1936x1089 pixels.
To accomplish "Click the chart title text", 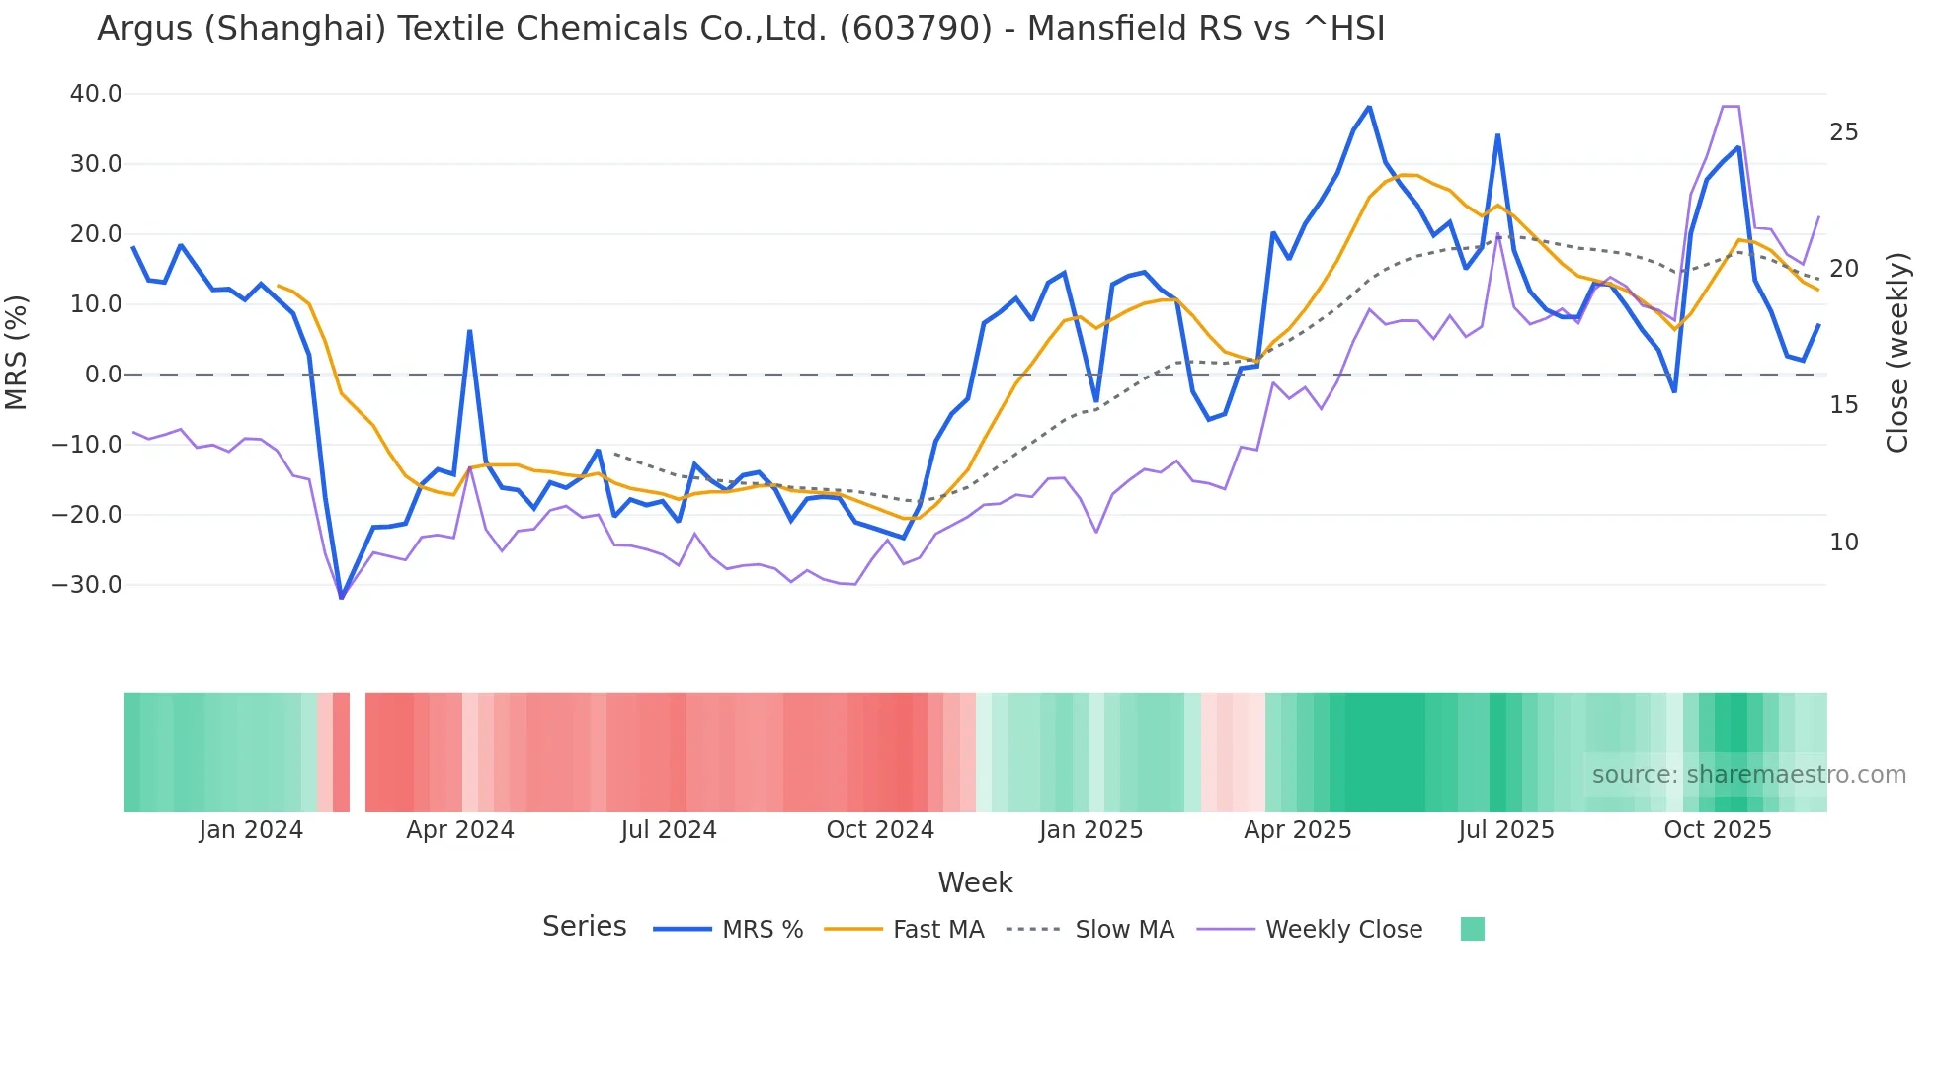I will pyautogui.click(x=741, y=29).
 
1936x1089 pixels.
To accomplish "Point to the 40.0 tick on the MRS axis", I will pyautogui.click(x=96, y=94).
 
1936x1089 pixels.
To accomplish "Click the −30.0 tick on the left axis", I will pyautogui.click(x=87, y=584).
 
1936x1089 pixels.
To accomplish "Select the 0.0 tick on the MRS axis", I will pyautogui.click(x=103, y=375).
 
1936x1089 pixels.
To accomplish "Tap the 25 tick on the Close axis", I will pyautogui.click(x=1843, y=132).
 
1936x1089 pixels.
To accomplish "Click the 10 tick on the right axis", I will pyautogui.click(x=1843, y=542).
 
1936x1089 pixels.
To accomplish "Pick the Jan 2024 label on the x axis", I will pyautogui.click(x=251, y=830).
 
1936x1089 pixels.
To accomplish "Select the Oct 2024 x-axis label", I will pyautogui.click(x=880, y=830).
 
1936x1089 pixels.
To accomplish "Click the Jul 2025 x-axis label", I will pyautogui.click(x=1506, y=830).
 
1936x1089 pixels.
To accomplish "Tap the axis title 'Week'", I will pyautogui.click(x=975, y=882).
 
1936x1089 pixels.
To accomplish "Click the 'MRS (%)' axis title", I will pyautogui.click(x=17, y=352).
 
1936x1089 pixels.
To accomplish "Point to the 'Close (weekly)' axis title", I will pyautogui.click(x=1897, y=352).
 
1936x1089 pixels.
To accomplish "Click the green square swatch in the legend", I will pyautogui.click(x=1472, y=929).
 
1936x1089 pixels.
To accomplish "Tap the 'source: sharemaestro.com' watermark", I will pyautogui.click(x=1748, y=775).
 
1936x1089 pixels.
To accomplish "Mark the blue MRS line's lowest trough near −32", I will pyautogui.click(x=342, y=597).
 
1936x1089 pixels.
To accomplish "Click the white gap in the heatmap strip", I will pyautogui.click(x=358, y=752).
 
